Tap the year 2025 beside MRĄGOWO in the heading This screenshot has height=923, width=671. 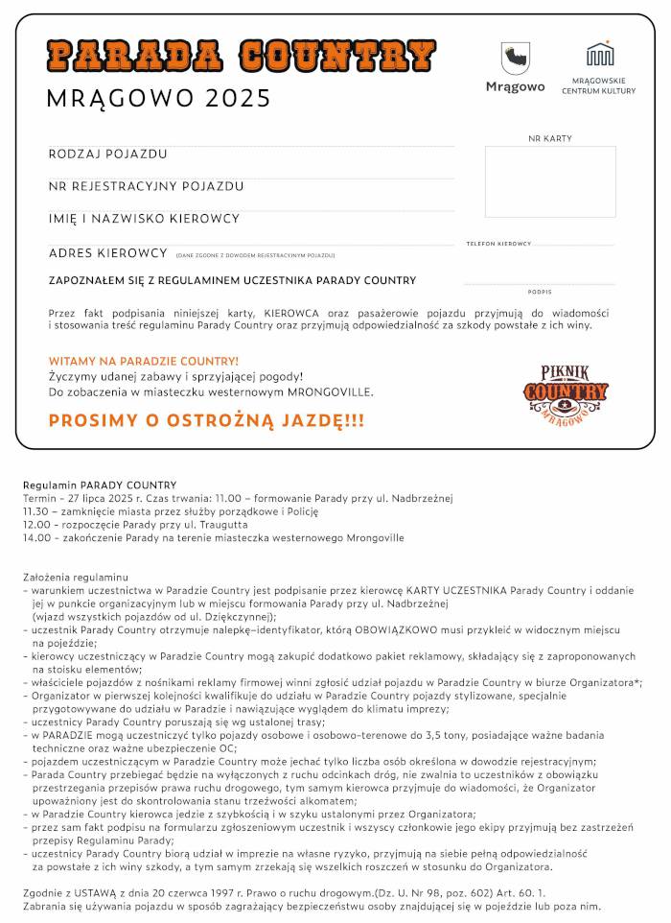(x=238, y=99)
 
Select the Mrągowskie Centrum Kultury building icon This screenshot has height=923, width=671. (x=600, y=54)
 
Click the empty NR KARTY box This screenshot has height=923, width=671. (x=549, y=181)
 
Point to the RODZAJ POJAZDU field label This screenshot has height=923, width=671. (x=108, y=154)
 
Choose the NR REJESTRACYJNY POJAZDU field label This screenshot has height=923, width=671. (x=146, y=186)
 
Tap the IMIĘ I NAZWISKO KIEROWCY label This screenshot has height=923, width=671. (x=144, y=219)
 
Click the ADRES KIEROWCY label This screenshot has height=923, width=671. (x=108, y=253)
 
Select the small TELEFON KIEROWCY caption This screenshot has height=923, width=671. (x=498, y=244)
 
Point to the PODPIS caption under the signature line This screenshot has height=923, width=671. (x=540, y=291)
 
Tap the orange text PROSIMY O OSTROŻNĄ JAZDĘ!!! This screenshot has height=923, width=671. (x=206, y=420)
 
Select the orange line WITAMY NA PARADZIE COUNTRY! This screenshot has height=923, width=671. (x=144, y=361)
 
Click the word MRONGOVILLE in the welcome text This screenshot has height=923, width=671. (x=329, y=391)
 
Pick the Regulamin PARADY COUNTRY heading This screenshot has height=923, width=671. (x=100, y=485)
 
